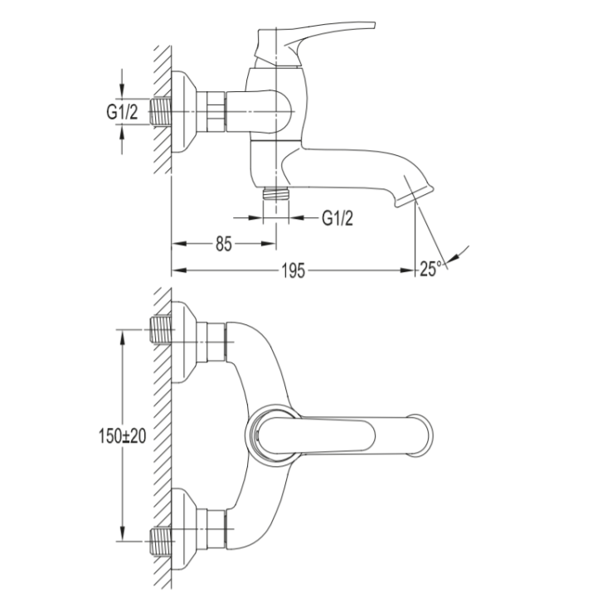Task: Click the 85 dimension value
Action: click(x=224, y=244)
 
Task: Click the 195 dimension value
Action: click(x=294, y=270)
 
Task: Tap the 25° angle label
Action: click(x=431, y=269)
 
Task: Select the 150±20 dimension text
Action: click(x=122, y=436)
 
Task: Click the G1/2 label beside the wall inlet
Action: click(x=122, y=112)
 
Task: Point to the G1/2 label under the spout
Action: click(x=337, y=218)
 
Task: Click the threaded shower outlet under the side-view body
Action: click(x=276, y=194)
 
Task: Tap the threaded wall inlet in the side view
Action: click(x=161, y=111)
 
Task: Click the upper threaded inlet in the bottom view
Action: click(x=161, y=330)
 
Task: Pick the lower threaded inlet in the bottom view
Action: click(x=161, y=541)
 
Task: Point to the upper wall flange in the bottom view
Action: click(x=183, y=342)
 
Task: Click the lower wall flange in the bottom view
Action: click(x=183, y=529)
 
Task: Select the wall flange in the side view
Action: click(x=183, y=112)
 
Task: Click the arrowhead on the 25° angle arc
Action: click(x=452, y=259)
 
